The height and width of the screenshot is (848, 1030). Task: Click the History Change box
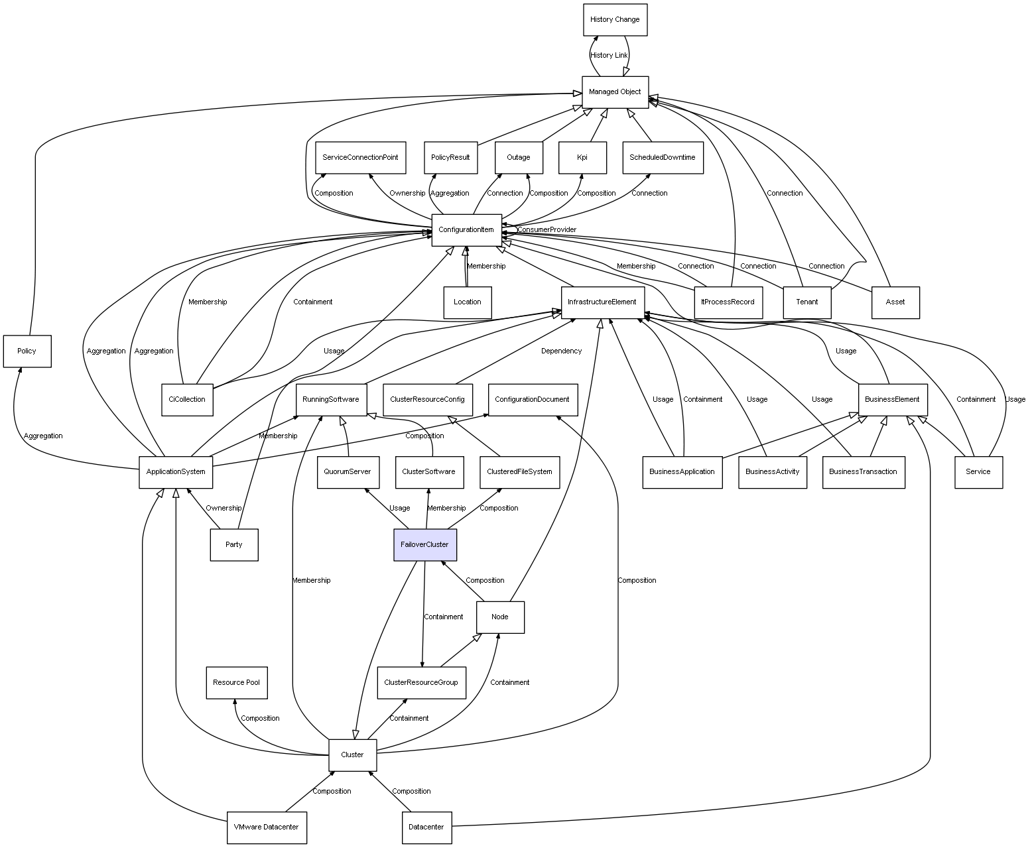click(x=615, y=20)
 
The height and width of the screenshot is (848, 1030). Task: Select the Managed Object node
click(x=615, y=92)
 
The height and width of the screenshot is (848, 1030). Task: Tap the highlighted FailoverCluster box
click(x=424, y=544)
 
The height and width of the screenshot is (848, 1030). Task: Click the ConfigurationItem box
click(x=466, y=230)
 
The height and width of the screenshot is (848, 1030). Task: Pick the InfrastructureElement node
click(x=602, y=302)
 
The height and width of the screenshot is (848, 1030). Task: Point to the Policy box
click(x=27, y=351)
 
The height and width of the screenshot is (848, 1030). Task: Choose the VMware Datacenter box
click(x=267, y=827)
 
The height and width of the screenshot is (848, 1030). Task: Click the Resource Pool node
click(x=237, y=682)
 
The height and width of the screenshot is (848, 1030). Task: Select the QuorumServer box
click(x=348, y=472)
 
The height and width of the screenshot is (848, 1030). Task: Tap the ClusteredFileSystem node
click(x=519, y=472)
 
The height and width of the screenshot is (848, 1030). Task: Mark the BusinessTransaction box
click(x=863, y=472)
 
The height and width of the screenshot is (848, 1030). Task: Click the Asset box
click(x=895, y=302)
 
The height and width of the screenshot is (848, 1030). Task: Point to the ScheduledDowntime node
click(x=663, y=158)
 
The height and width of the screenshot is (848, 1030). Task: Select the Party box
click(x=234, y=544)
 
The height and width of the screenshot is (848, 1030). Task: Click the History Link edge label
click(x=609, y=56)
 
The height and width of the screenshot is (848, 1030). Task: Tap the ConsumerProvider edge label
click(x=547, y=230)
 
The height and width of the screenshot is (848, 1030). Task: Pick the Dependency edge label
click(x=561, y=351)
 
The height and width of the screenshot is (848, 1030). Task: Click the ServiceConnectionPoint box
click(x=360, y=158)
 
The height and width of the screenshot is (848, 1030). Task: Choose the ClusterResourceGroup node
click(x=421, y=682)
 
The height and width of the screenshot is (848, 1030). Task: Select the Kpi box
click(x=582, y=158)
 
